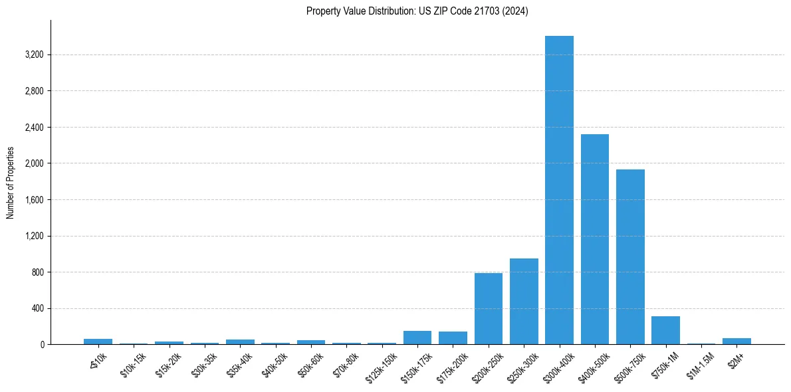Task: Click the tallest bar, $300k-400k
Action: (559, 190)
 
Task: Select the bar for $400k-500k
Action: (594, 239)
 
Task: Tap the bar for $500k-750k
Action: (630, 257)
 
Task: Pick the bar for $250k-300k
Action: (524, 302)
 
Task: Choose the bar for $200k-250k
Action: (489, 309)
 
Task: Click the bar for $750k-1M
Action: (665, 330)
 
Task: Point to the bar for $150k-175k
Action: (417, 338)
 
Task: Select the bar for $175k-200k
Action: (453, 338)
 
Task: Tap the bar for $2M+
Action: (736, 342)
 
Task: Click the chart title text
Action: (417, 11)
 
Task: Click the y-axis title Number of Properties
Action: (11, 183)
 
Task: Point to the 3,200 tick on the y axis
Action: (33, 54)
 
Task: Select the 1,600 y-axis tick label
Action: (33, 199)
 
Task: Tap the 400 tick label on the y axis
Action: (37, 308)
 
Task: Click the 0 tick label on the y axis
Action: (41, 345)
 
